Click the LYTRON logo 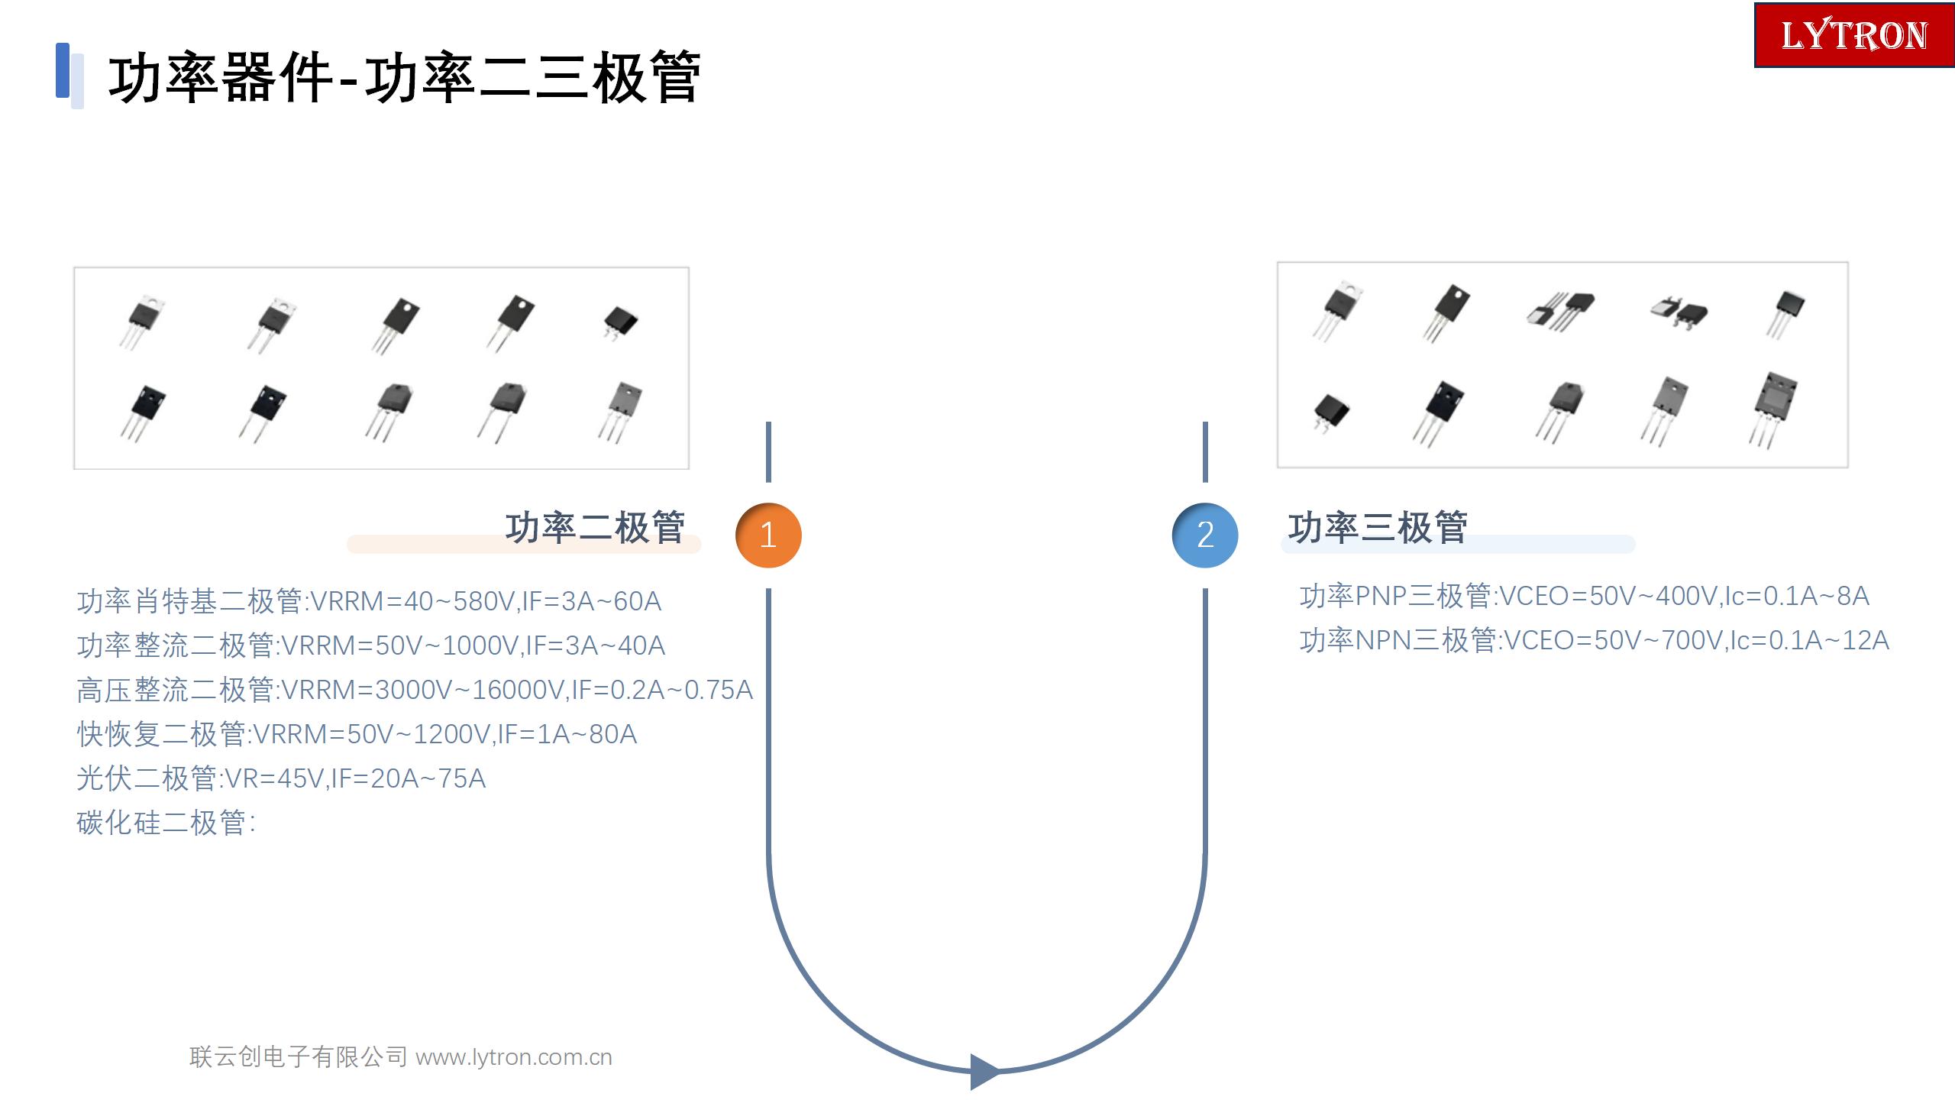click(x=1854, y=35)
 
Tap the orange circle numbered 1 click(x=768, y=535)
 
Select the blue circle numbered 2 click(x=1205, y=535)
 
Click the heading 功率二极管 click(x=595, y=528)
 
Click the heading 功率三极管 click(x=1378, y=528)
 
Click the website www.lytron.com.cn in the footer click(x=514, y=1057)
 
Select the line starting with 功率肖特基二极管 click(x=369, y=601)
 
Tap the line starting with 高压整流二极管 click(x=415, y=690)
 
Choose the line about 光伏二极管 click(x=281, y=778)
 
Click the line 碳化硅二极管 click(x=166, y=823)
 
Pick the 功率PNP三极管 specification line click(x=1585, y=596)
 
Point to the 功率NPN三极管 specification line click(x=1595, y=640)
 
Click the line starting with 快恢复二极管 click(x=357, y=734)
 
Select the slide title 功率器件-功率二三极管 click(x=405, y=77)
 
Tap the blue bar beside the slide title click(x=63, y=70)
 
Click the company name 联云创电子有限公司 click(x=299, y=1057)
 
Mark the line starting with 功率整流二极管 click(x=371, y=645)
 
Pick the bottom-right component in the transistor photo click(x=1773, y=408)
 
